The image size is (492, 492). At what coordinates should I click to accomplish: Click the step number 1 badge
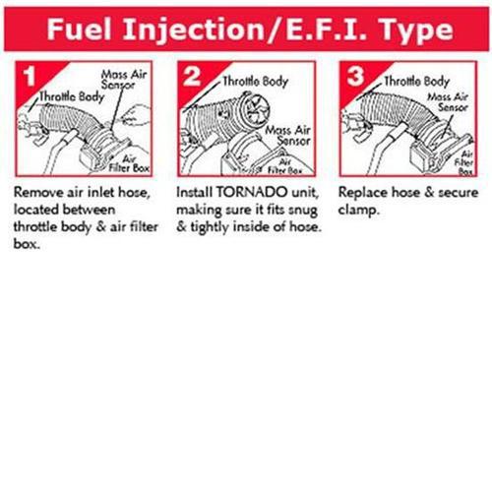[x=33, y=76]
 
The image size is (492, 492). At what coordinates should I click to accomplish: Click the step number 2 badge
[x=193, y=76]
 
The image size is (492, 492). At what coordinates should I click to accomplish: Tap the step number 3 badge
[x=351, y=76]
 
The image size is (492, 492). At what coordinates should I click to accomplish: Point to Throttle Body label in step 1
[x=69, y=98]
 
